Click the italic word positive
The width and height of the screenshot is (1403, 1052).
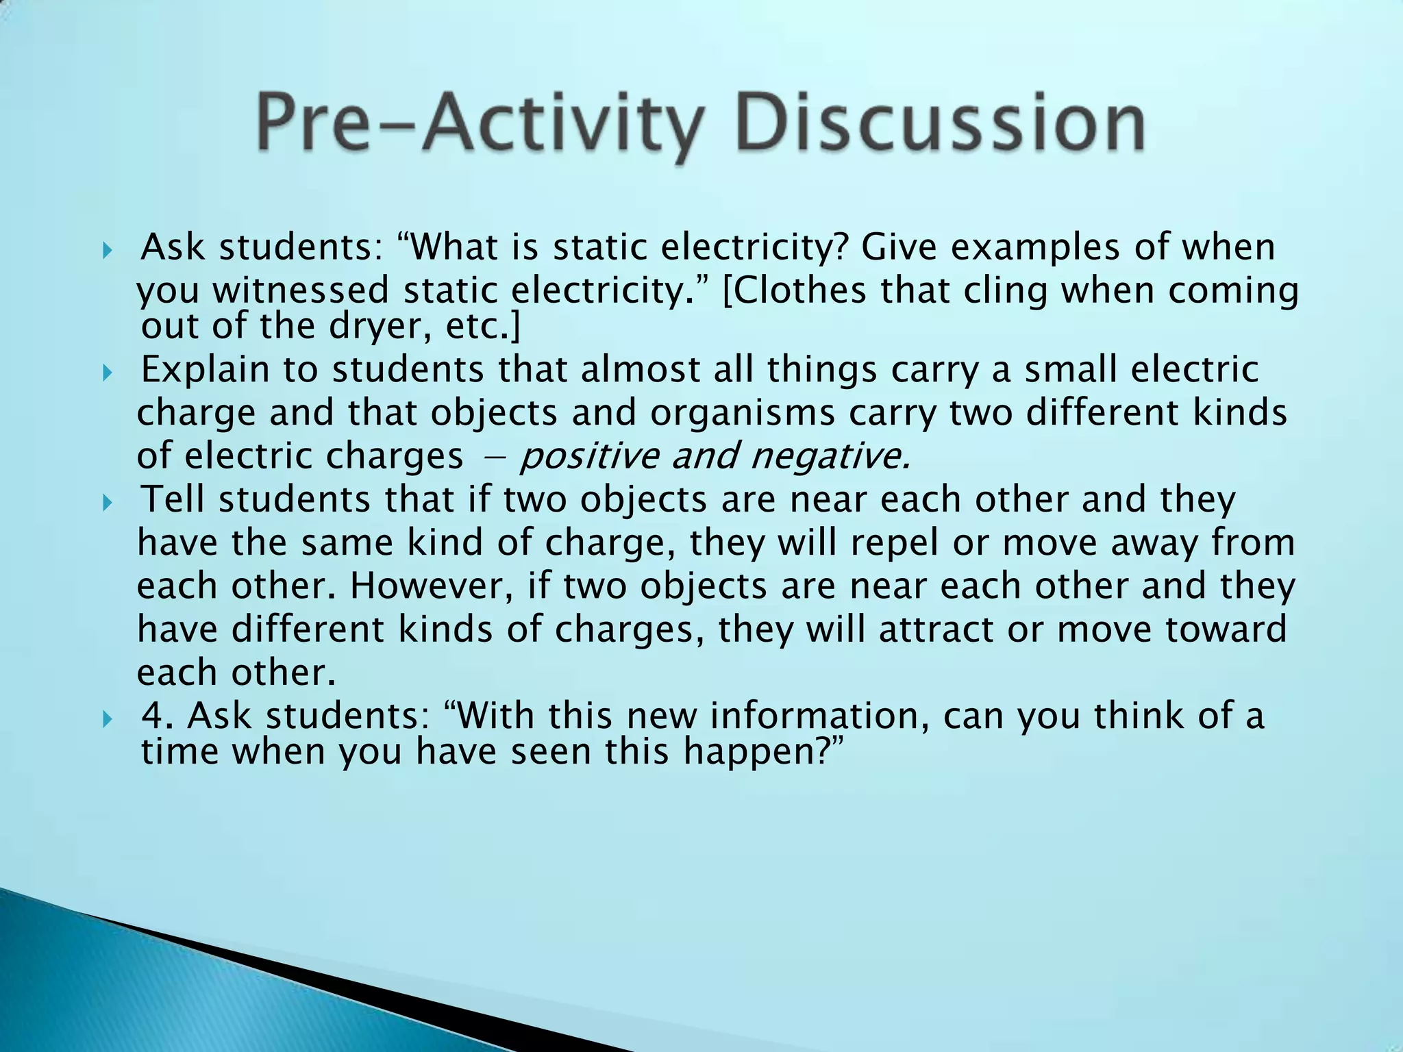[x=588, y=456]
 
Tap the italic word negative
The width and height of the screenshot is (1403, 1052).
[x=830, y=456]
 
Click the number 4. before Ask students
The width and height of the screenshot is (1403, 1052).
[x=157, y=716]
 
